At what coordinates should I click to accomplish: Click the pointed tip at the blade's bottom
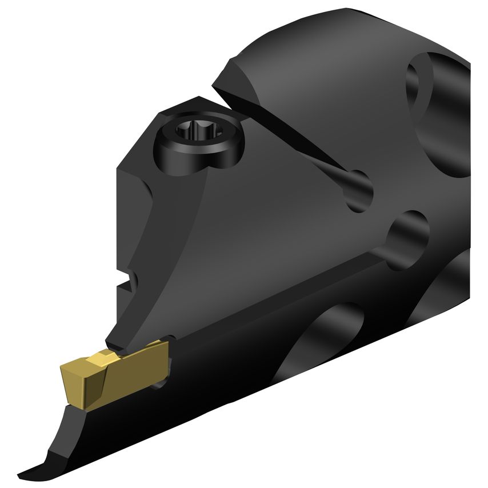coord(26,474)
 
